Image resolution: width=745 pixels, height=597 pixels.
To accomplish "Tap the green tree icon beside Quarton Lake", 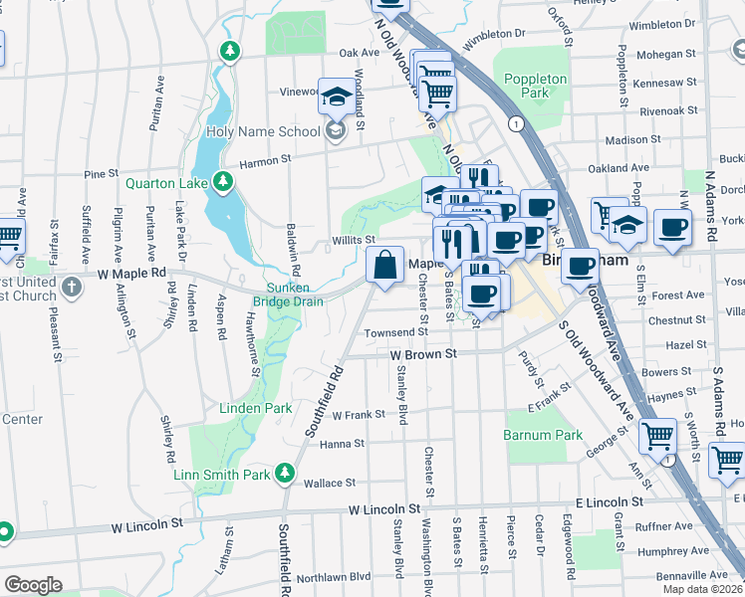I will (225, 181).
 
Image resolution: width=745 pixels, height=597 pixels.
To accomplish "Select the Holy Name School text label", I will (263, 131).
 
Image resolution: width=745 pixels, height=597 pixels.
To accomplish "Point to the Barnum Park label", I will (542, 435).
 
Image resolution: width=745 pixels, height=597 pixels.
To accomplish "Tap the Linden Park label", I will (256, 408).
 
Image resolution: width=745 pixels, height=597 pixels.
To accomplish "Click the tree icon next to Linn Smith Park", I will (286, 475).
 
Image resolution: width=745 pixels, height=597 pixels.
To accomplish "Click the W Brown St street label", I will (422, 353).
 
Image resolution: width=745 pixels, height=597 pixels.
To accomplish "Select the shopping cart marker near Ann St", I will (657, 435).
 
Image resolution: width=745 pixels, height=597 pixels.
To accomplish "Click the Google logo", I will (32, 584).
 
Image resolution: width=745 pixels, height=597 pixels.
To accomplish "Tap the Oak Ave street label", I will (360, 53).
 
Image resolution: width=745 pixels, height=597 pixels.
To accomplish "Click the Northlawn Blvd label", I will (333, 576).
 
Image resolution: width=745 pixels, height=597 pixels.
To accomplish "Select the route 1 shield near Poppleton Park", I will (515, 123).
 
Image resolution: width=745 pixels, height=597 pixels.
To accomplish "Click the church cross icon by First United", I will (70, 288).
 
